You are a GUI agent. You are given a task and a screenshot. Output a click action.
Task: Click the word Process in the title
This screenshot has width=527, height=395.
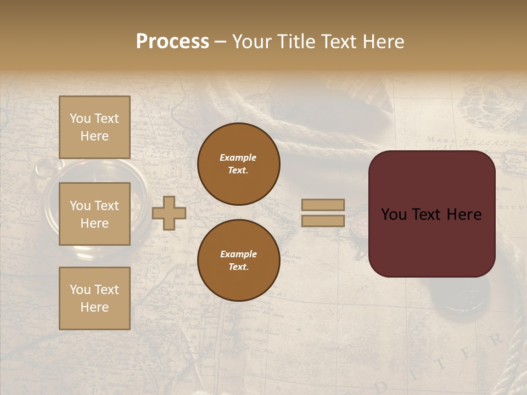tap(172, 42)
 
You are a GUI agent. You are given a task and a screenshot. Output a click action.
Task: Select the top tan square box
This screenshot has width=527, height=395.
tap(94, 127)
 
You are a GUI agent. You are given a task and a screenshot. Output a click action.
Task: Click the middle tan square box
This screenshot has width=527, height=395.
tap(94, 214)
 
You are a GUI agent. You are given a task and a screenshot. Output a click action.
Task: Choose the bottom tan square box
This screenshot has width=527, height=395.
tap(94, 298)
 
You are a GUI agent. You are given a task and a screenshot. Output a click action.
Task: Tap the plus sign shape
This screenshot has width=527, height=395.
tap(169, 213)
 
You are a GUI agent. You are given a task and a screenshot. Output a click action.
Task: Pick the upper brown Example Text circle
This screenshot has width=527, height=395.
tap(239, 164)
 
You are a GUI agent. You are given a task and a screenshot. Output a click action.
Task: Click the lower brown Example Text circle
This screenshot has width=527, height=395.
tap(239, 261)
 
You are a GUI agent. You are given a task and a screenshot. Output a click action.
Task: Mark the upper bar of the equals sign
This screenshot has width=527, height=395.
tap(323, 205)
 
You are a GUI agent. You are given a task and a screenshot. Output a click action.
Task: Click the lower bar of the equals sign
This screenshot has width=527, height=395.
tap(323, 221)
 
